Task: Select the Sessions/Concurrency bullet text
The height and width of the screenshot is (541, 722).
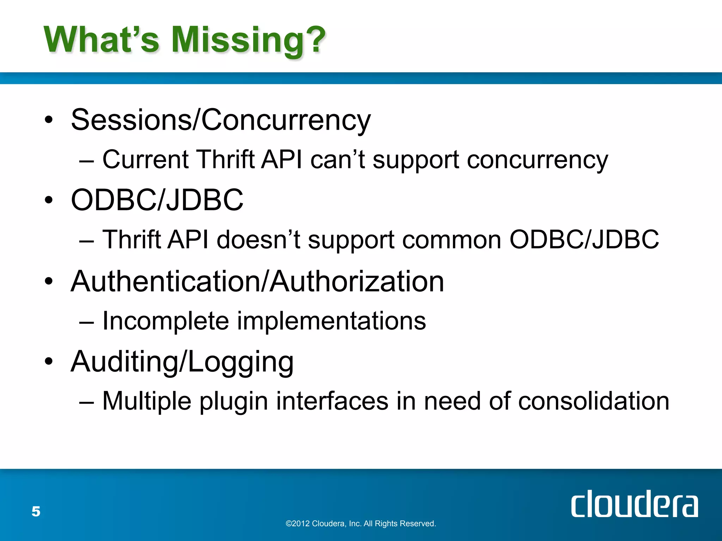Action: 221,120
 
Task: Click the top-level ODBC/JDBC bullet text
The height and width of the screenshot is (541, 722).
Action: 157,200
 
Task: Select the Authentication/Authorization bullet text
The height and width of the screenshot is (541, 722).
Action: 257,281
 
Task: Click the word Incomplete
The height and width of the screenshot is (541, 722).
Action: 166,321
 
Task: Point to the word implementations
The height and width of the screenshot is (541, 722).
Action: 331,321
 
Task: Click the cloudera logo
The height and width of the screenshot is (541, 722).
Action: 634,504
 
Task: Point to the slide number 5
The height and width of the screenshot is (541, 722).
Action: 36,511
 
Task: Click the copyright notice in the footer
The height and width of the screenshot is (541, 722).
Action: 361,524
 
